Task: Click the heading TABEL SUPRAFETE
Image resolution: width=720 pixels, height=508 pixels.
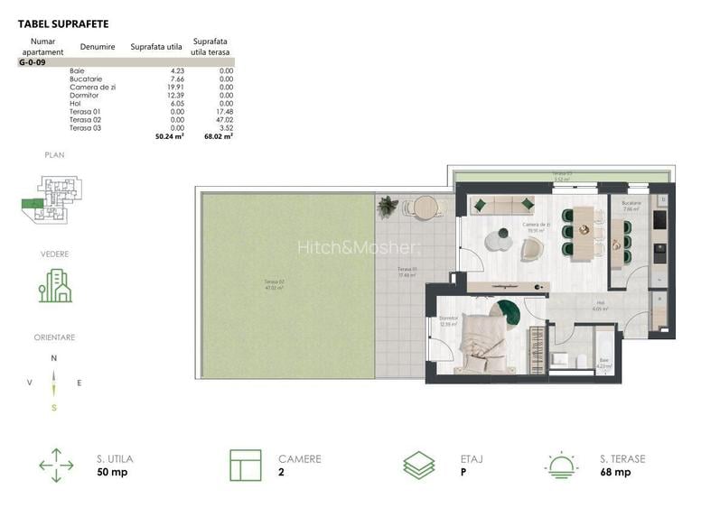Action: click(x=62, y=23)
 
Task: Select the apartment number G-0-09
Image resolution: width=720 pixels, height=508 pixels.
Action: click(x=33, y=62)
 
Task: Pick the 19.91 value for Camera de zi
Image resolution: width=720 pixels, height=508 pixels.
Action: click(x=171, y=87)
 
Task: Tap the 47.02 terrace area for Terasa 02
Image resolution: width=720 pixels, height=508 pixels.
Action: click(x=223, y=119)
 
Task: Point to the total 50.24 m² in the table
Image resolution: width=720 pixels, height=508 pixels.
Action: click(x=170, y=137)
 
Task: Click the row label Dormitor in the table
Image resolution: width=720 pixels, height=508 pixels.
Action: click(x=83, y=95)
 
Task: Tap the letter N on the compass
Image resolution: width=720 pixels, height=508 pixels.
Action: click(x=54, y=358)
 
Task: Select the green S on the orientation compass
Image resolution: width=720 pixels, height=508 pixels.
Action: click(x=54, y=408)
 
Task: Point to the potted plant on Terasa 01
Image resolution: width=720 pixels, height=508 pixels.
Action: click(x=388, y=207)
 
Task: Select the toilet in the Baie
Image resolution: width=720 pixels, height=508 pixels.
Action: click(x=559, y=359)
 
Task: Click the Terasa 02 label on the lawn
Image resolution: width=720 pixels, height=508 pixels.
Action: click(x=270, y=286)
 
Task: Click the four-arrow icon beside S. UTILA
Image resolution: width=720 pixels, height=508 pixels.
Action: click(x=56, y=465)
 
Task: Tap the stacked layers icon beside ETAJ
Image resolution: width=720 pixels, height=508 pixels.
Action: click(x=420, y=465)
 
